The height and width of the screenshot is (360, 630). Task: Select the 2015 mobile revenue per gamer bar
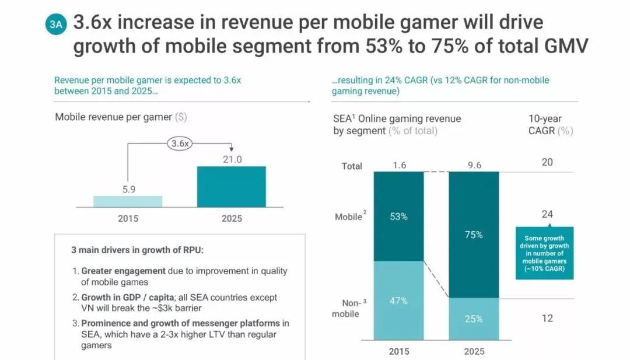128,201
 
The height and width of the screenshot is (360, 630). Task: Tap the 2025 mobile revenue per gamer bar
231,187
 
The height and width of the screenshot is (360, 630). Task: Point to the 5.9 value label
128,188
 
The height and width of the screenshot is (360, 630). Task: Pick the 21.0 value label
232,159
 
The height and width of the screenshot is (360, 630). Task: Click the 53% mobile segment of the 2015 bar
398,216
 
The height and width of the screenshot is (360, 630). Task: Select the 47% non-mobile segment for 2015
398,300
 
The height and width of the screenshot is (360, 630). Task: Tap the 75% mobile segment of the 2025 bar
474,235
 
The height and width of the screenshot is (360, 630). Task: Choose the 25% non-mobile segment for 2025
474,319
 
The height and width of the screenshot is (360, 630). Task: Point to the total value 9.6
474,165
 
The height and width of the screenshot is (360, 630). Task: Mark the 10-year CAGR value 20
547,162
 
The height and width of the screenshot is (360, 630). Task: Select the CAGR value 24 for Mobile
547,214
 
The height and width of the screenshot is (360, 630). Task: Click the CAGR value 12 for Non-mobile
547,318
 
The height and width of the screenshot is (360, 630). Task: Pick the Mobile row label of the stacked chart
349,217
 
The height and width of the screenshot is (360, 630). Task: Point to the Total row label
352,166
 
